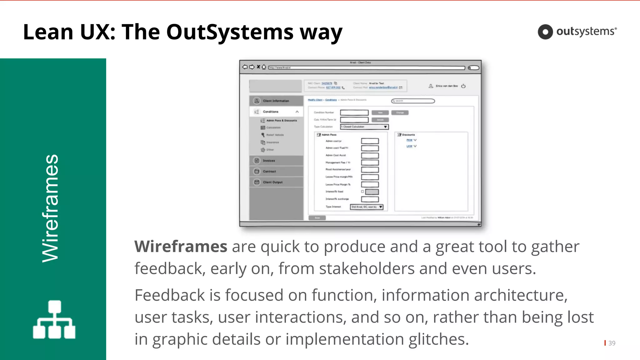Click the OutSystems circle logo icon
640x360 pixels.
point(545,32)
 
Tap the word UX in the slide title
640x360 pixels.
point(97,32)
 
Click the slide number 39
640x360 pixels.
point(612,343)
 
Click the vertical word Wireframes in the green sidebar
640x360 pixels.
point(50,208)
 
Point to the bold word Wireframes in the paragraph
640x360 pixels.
point(181,247)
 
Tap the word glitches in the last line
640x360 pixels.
point(438,339)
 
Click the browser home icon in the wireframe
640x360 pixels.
point(264,67)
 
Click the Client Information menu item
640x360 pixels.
point(276,101)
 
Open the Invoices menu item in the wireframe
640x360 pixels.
point(269,161)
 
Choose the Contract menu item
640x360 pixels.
point(269,172)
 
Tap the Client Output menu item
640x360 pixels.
point(272,182)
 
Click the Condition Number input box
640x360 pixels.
point(354,112)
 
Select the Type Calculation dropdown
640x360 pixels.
point(364,127)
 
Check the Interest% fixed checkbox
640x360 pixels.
point(362,192)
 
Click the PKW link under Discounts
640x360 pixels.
point(409,140)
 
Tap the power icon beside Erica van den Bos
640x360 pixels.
point(463,86)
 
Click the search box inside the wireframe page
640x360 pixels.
point(413,101)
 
